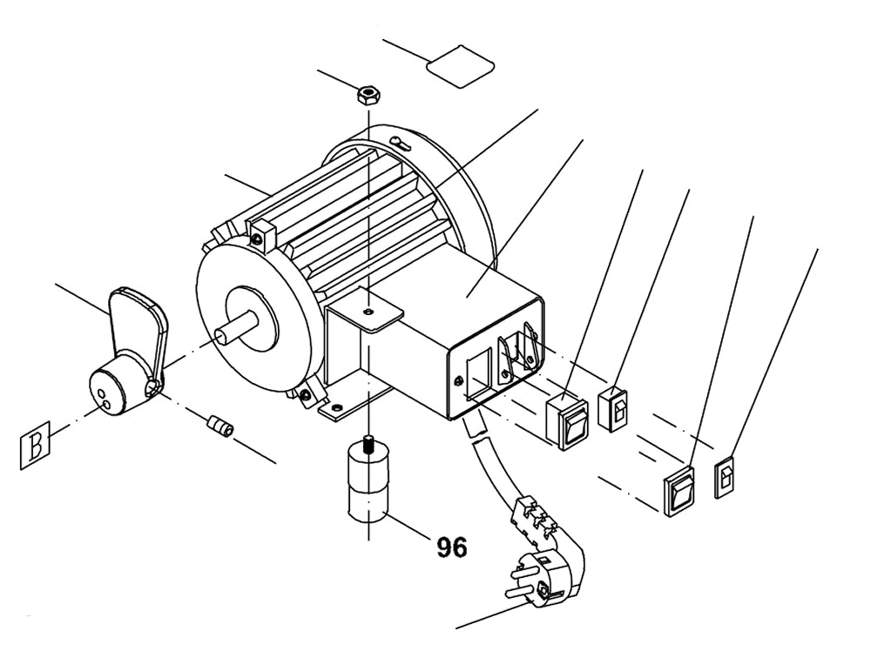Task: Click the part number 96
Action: [452, 547]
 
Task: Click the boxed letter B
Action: [36, 446]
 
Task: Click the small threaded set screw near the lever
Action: [221, 427]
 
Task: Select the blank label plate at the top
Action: [461, 65]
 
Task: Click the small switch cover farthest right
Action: [726, 478]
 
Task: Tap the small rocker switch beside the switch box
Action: [615, 406]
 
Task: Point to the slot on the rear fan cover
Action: [402, 142]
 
